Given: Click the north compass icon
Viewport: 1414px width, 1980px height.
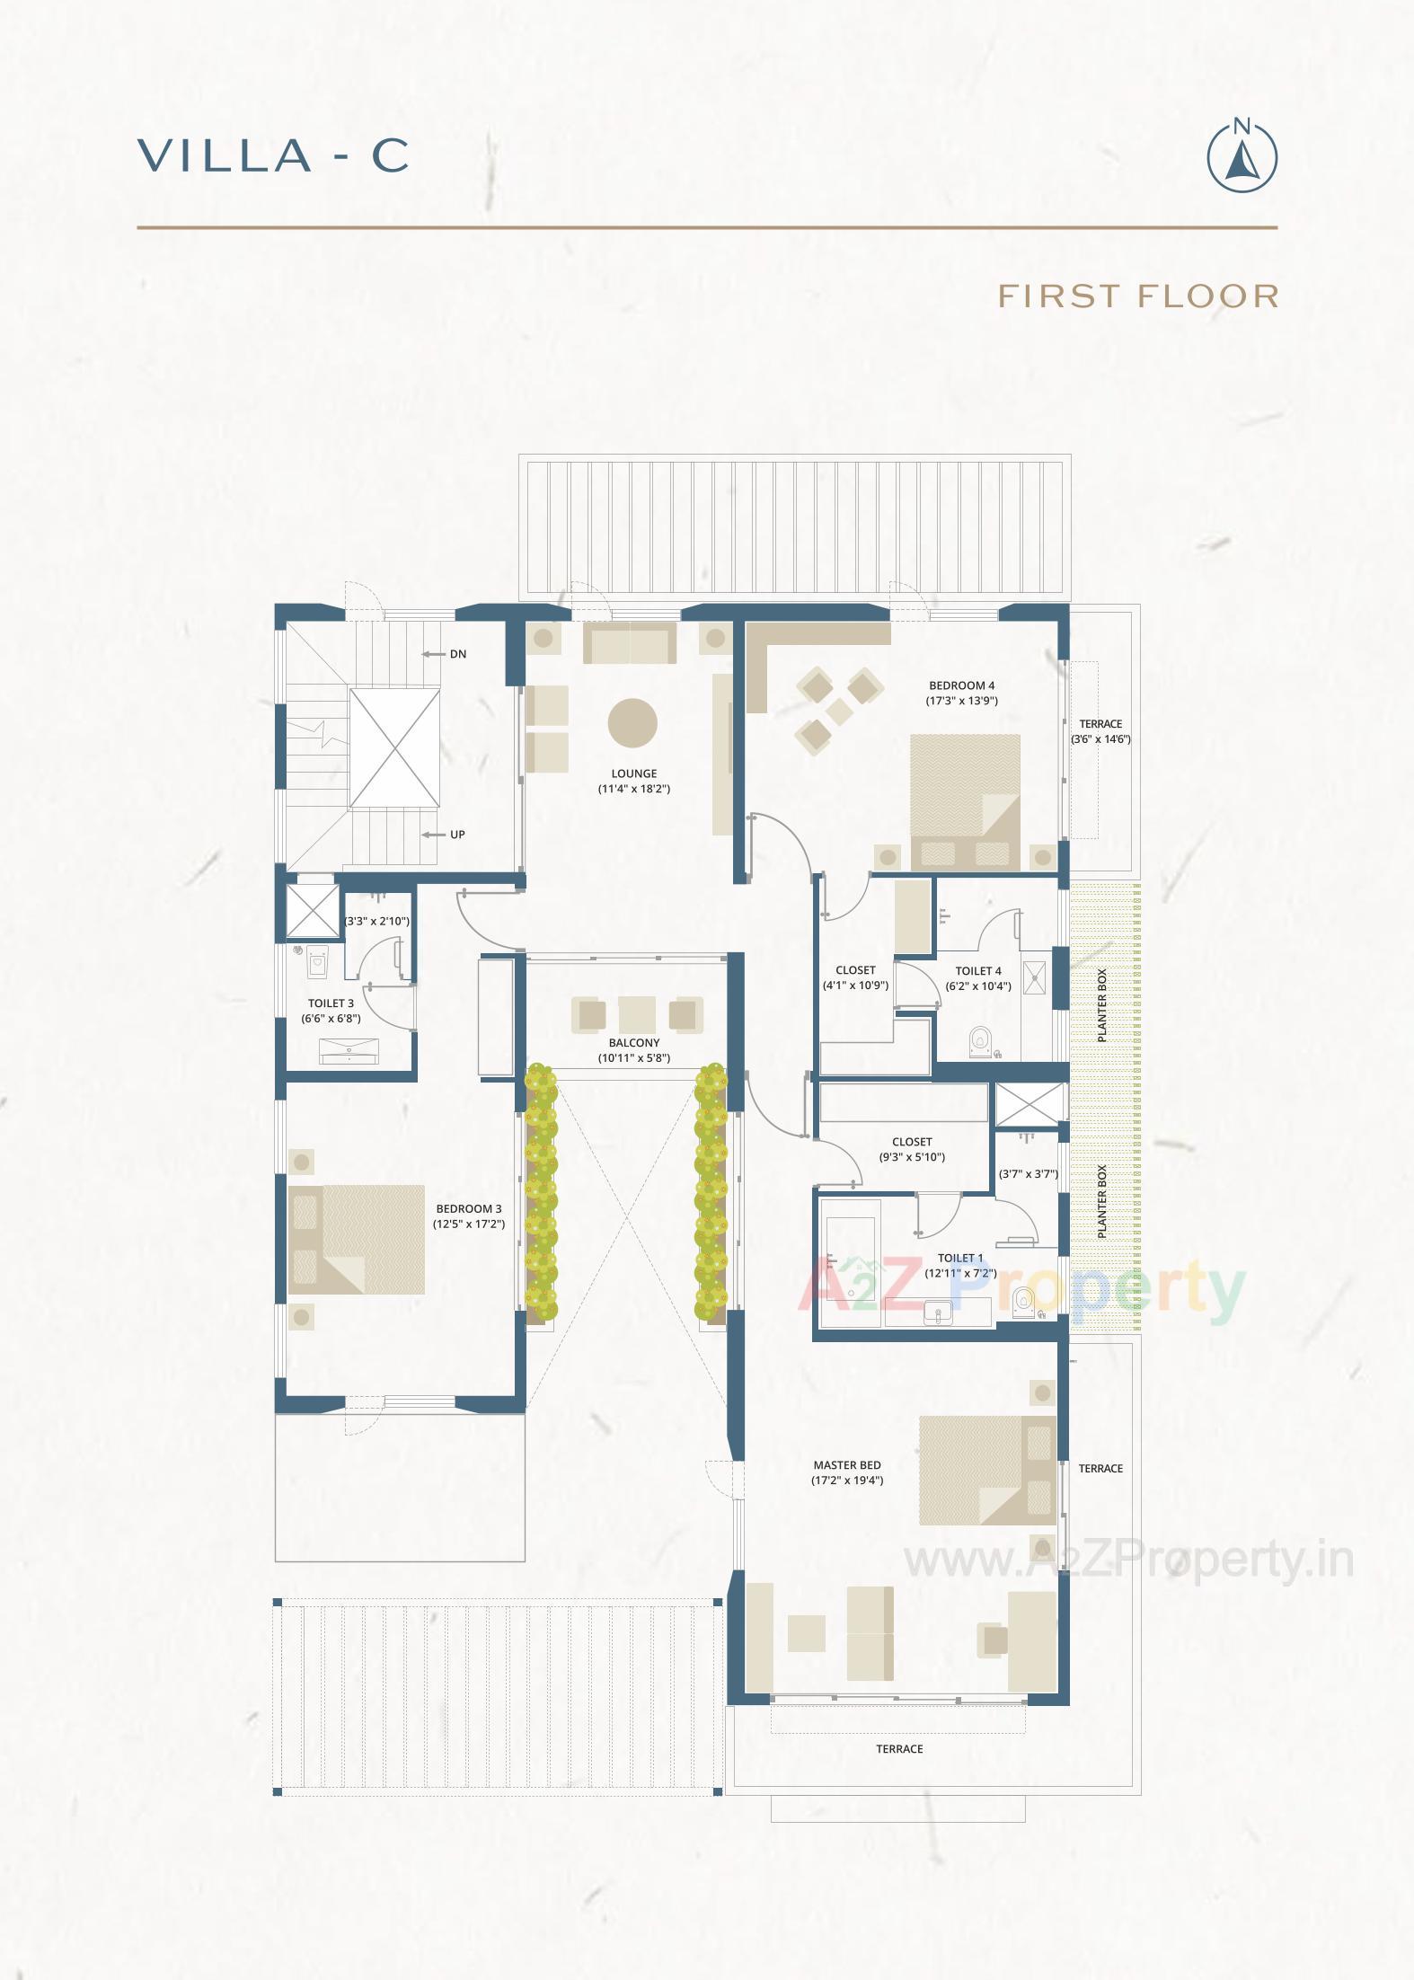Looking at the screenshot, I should [x=1242, y=156].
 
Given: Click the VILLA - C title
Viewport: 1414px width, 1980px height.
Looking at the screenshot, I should [x=274, y=156].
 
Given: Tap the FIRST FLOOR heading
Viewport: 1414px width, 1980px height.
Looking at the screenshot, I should [x=1138, y=296].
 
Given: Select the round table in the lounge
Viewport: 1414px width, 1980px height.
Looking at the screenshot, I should [x=632, y=723].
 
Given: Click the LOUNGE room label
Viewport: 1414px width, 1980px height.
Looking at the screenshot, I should [x=634, y=773].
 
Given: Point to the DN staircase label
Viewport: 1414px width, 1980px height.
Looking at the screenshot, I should [x=458, y=654].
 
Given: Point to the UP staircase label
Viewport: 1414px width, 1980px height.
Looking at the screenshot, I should [x=457, y=835].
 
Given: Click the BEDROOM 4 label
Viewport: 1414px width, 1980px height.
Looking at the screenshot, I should [x=961, y=685].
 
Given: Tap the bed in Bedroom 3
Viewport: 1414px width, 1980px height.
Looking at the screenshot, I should [x=357, y=1239].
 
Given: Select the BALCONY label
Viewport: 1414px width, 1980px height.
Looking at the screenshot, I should [x=634, y=1043].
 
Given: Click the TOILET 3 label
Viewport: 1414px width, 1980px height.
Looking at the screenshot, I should [x=331, y=1003].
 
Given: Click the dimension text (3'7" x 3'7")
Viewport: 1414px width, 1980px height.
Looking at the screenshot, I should [x=1029, y=1174].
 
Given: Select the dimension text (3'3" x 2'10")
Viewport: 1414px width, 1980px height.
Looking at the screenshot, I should [x=377, y=921].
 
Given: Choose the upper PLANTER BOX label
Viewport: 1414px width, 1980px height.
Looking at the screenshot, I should [x=1102, y=1005].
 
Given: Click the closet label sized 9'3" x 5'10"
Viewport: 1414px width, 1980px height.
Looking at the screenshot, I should [x=912, y=1142].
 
